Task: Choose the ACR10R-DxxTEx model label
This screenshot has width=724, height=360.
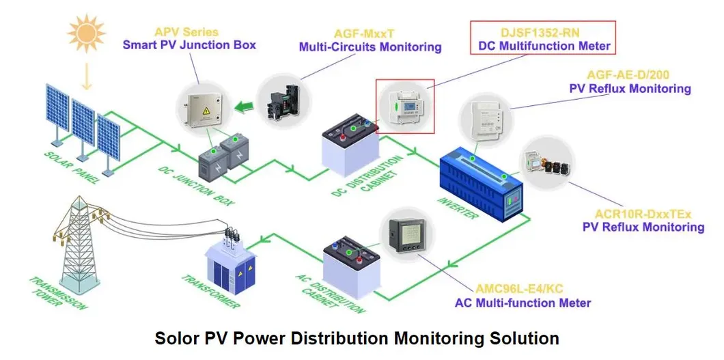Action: tap(643, 214)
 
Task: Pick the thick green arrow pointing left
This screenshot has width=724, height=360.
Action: tap(242, 106)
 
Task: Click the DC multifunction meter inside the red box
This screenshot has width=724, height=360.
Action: tap(405, 107)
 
